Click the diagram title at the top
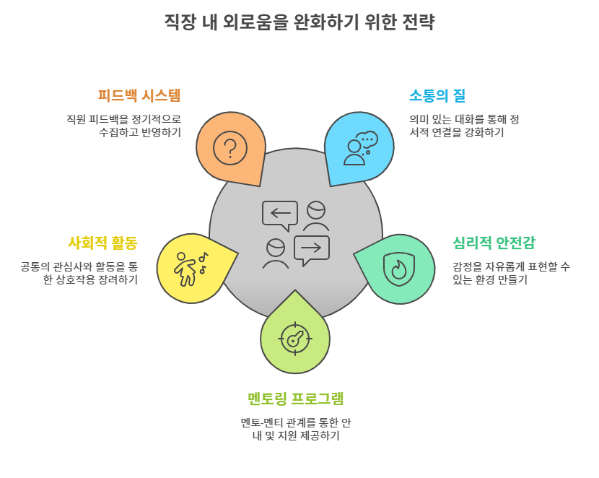click(299, 22)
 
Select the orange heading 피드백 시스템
click(139, 95)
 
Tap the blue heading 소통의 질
click(437, 95)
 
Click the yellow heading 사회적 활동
click(102, 243)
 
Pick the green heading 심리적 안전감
click(494, 243)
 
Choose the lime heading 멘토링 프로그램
click(295, 398)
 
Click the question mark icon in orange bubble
click(230, 148)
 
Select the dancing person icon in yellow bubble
click(190, 268)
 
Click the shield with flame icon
click(399, 268)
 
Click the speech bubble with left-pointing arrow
click(280, 214)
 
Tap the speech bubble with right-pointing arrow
click(311, 249)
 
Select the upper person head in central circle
click(316, 210)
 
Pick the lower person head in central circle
click(276, 248)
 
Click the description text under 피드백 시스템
click(123, 126)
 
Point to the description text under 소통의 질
click(464, 126)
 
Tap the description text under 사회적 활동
click(79, 273)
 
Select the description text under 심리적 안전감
click(511, 273)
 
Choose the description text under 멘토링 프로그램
click(296, 429)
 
